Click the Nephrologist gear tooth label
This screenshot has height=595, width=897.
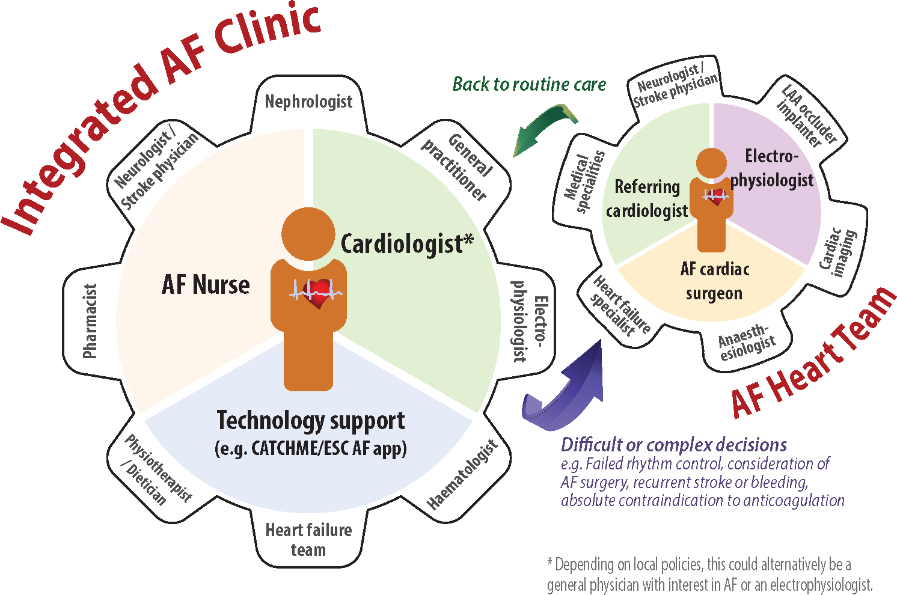308,102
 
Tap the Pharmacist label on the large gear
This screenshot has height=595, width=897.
90,321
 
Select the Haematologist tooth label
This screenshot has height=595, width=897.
462,475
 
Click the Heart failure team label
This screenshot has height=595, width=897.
308,540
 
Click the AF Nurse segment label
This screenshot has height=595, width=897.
206,285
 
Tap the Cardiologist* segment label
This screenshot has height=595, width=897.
407,244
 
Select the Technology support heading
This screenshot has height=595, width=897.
310,421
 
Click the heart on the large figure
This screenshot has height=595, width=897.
319,293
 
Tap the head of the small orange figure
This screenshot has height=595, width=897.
712,163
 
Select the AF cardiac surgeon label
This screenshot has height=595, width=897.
714,281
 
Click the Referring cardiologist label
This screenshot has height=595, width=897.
647,199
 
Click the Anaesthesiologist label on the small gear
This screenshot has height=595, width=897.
745,342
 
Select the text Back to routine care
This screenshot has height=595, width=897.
529,85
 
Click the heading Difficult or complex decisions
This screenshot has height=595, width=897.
673,445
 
